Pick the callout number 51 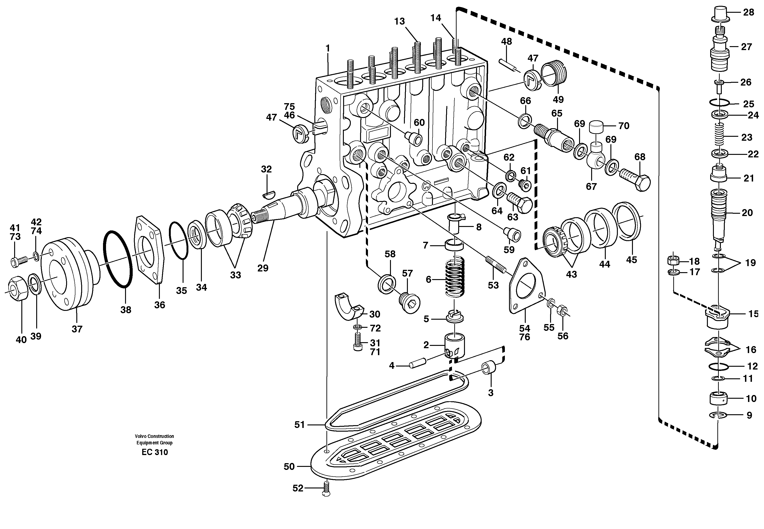coord(299,425)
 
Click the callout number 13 coord(400,22)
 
